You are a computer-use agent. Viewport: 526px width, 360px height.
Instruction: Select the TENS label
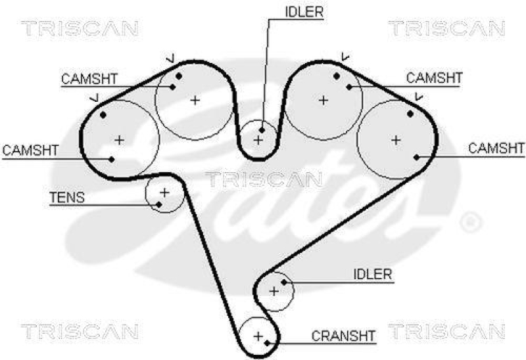[x=67, y=197]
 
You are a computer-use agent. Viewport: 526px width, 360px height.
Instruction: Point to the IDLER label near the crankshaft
[x=372, y=274]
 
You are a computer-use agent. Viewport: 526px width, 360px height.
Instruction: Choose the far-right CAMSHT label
[x=497, y=148]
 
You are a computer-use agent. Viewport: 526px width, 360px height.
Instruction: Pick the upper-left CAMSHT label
[x=89, y=79]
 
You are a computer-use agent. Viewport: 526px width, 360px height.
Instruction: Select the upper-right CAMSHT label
[x=435, y=78]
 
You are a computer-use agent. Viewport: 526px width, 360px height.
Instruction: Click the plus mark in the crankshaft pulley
[x=258, y=336]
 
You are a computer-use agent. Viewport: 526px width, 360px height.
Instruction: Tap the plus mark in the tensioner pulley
[x=164, y=192]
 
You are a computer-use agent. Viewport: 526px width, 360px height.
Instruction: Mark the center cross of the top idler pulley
[x=258, y=139]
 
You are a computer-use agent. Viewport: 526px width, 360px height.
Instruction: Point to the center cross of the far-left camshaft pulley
[x=119, y=139]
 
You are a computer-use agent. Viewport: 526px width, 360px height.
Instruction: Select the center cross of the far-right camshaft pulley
[x=396, y=139]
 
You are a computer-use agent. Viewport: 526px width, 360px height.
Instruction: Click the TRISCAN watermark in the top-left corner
[x=80, y=28]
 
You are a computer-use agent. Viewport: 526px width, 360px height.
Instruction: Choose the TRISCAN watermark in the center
[x=263, y=179]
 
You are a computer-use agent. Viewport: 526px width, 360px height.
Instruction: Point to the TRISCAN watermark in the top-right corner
[x=446, y=28]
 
